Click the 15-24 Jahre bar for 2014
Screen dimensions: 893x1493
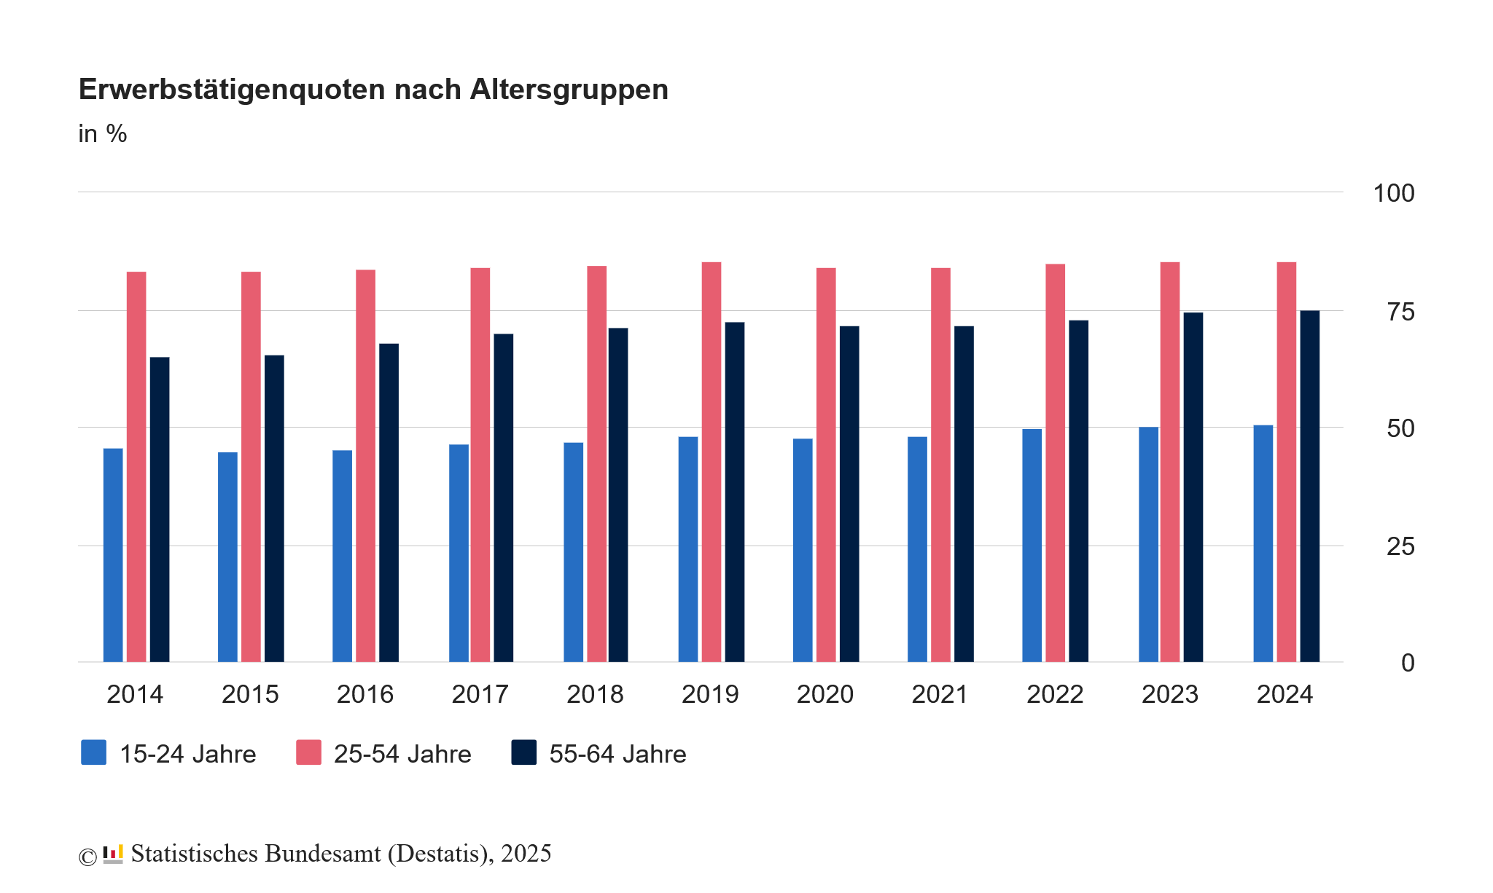click(x=113, y=555)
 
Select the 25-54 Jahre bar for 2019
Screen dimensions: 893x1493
click(x=712, y=462)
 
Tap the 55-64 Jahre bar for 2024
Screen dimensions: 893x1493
click(x=1309, y=486)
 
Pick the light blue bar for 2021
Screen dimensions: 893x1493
click(x=917, y=549)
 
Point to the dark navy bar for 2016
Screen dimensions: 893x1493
click(x=389, y=503)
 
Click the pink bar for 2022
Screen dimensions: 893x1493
click(x=1055, y=463)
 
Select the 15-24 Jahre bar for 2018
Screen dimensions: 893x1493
click(x=573, y=552)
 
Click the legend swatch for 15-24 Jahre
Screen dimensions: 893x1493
click(x=93, y=752)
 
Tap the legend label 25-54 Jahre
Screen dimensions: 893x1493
click(x=402, y=754)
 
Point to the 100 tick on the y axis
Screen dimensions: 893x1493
click(x=1393, y=193)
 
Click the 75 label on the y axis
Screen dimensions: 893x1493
click(x=1400, y=312)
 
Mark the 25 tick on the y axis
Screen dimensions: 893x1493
click(x=1400, y=546)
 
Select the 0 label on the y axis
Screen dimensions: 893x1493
click(x=1408, y=663)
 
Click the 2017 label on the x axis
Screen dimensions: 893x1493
click(x=480, y=694)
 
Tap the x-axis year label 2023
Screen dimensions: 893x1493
click(x=1169, y=694)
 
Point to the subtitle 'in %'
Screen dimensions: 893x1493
click(x=103, y=134)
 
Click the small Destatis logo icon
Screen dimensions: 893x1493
click(x=113, y=854)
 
